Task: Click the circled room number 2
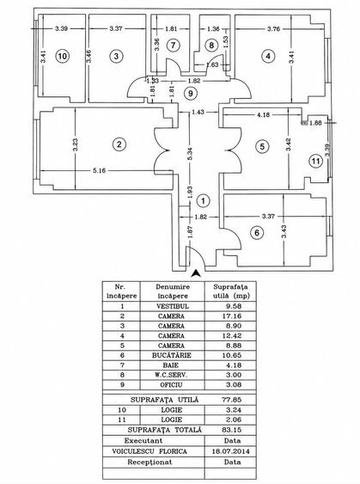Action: (x=119, y=144)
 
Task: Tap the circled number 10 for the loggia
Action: (x=63, y=56)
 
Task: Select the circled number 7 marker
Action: (x=173, y=46)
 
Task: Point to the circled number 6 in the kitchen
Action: (x=257, y=232)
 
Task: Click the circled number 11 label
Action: (x=315, y=161)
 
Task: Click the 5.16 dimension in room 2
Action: (x=100, y=170)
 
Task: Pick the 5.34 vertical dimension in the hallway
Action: (x=190, y=153)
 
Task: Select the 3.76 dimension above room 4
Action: (x=273, y=29)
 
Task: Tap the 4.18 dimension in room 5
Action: (x=263, y=114)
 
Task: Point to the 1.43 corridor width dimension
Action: (x=198, y=112)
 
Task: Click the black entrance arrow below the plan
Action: (x=196, y=273)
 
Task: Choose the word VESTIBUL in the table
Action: (x=173, y=306)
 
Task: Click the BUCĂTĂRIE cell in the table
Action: (x=172, y=355)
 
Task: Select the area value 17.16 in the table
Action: (x=232, y=316)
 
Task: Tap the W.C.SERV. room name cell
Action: (x=172, y=375)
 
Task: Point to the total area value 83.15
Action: (x=232, y=430)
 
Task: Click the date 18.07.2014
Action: (x=231, y=451)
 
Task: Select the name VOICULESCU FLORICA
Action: (x=149, y=451)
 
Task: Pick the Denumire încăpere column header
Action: (x=173, y=291)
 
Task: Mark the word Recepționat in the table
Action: (x=149, y=463)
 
